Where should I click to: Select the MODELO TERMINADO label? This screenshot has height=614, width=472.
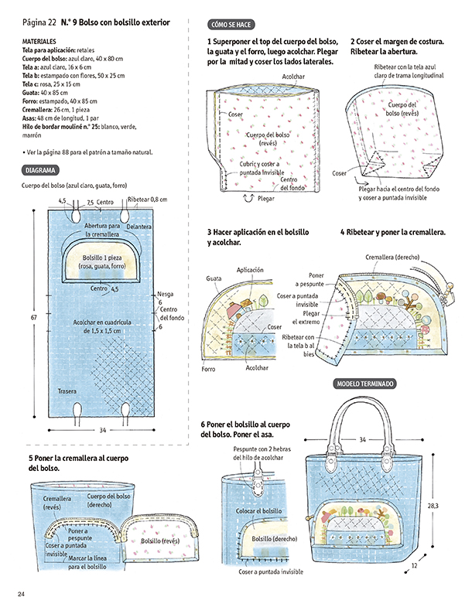[364, 384]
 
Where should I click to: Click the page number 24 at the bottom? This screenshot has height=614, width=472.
[22, 593]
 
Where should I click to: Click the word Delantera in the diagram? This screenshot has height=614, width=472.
[140, 227]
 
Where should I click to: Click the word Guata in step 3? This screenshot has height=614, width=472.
[214, 277]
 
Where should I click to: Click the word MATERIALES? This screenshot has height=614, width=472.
[39, 40]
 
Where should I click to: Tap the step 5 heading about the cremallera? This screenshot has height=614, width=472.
[77, 464]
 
